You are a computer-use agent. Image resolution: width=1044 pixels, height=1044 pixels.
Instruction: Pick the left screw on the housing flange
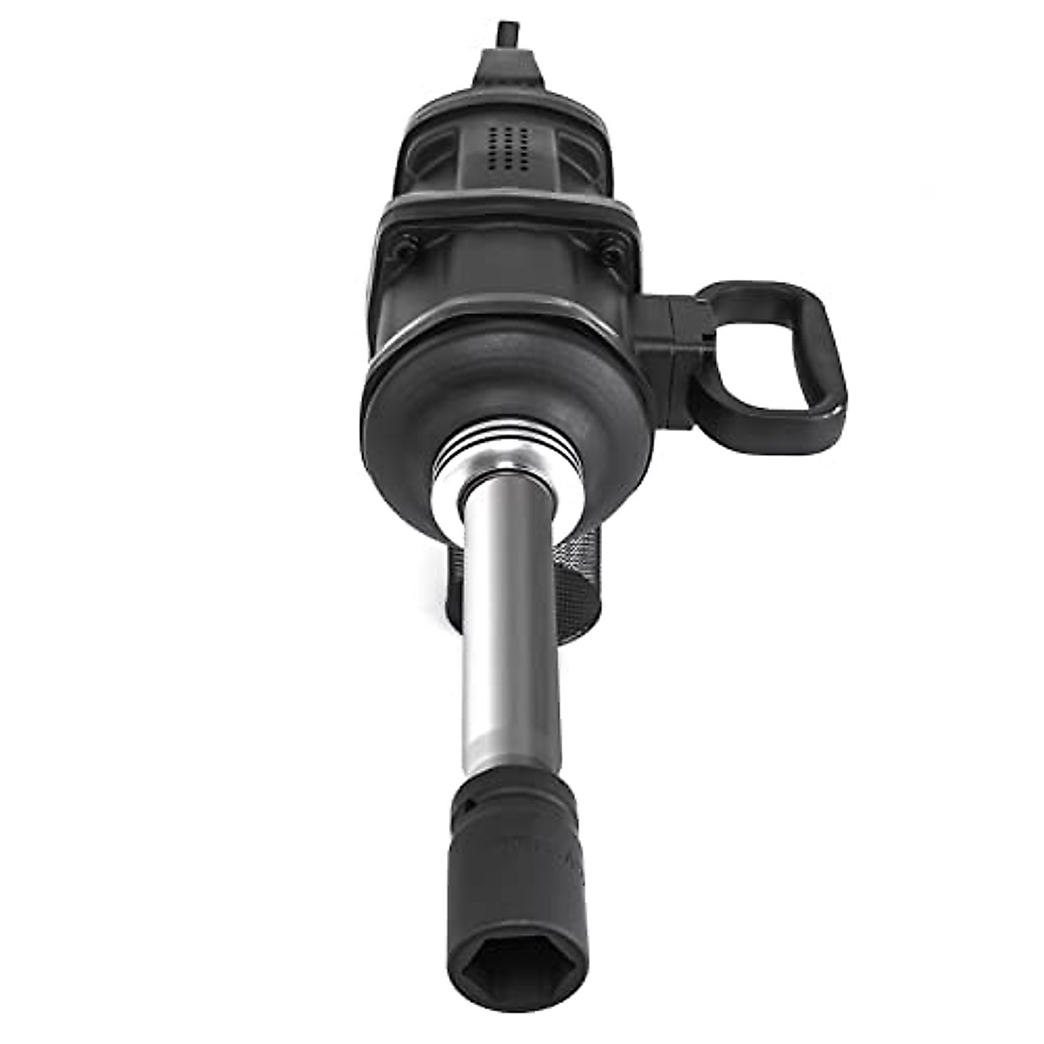coord(402,246)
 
